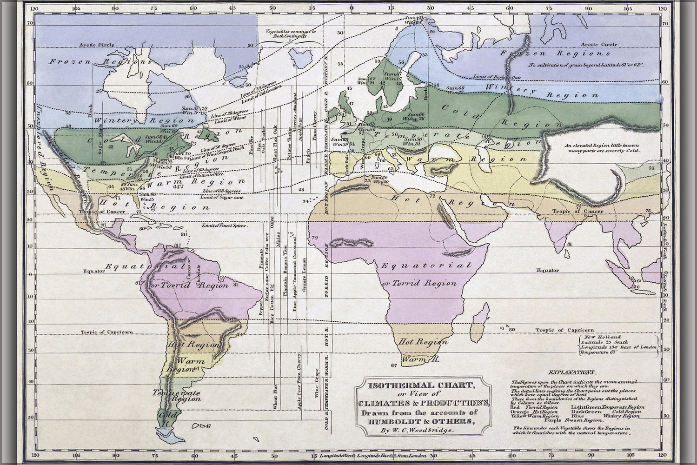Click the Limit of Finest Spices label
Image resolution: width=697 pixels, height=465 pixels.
point(223,225)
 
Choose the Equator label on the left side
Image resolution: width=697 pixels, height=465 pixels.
point(92,271)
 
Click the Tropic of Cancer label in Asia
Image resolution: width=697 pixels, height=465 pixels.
point(578,211)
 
